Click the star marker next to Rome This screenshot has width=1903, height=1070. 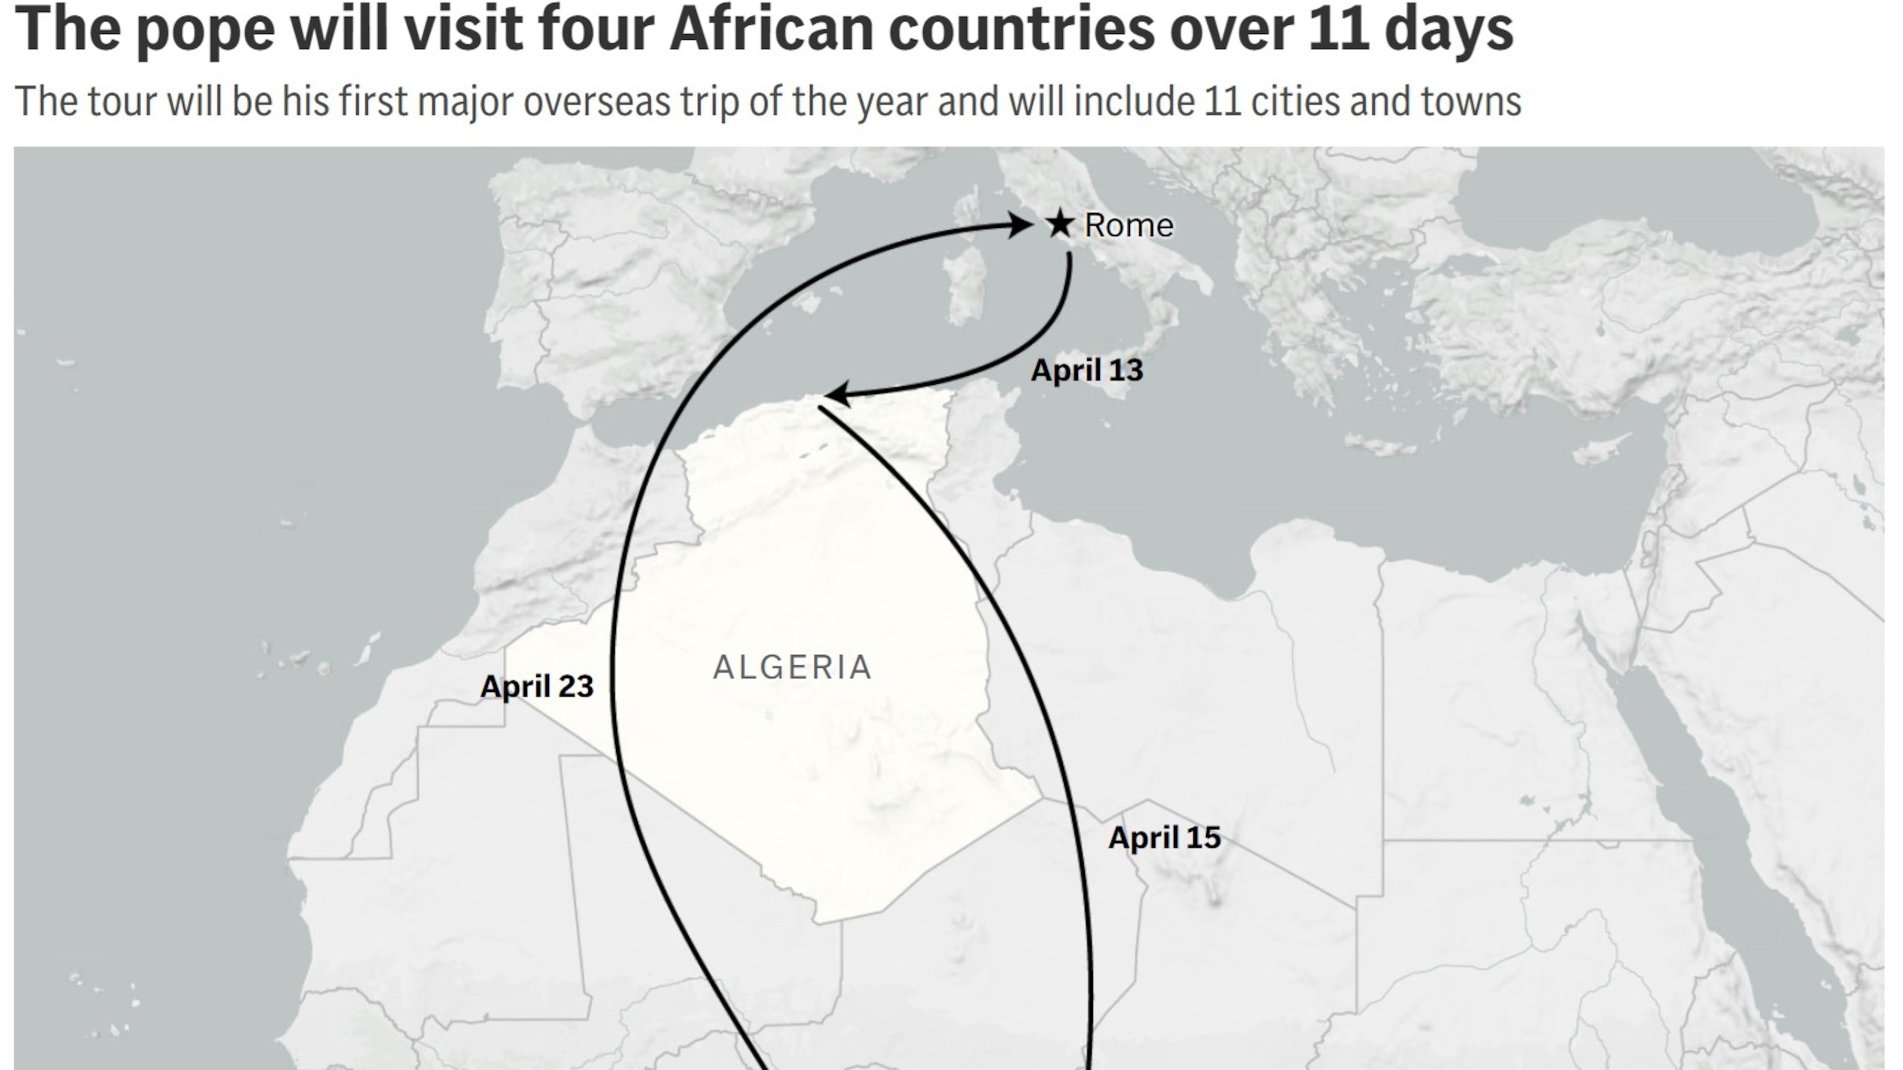(1060, 224)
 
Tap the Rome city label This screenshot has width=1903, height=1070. (1128, 225)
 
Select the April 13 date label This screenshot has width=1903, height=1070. (1087, 370)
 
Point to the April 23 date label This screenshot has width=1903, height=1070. (537, 687)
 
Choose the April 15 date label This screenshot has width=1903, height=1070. (1164, 837)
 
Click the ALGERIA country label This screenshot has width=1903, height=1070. (792, 668)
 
